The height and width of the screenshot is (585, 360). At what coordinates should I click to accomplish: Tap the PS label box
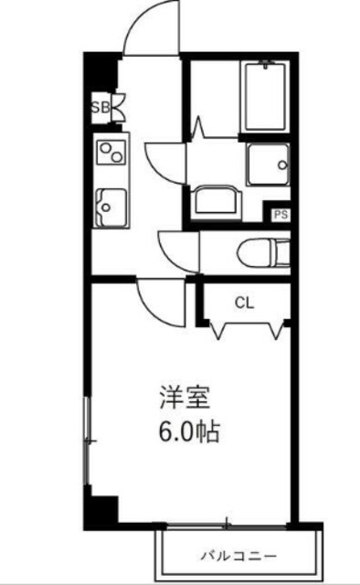tap(281, 215)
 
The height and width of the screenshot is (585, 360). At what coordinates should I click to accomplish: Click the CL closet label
tap(243, 302)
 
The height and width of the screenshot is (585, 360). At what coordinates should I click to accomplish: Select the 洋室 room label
tap(185, 399)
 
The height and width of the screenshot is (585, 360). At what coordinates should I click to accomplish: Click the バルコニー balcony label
tap(238, 555)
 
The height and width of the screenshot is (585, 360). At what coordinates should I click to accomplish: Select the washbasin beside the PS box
tap(217, 197)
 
